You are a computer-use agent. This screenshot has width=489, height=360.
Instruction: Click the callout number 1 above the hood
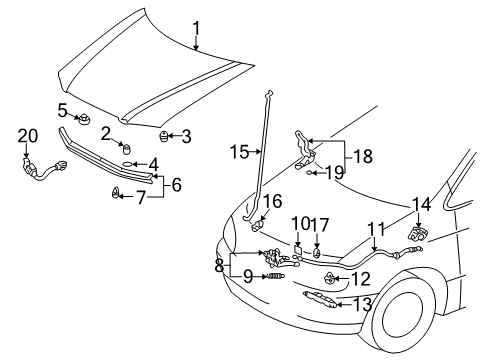(x=197, y=13)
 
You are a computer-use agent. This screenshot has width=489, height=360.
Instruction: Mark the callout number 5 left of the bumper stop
(x=62, y=110)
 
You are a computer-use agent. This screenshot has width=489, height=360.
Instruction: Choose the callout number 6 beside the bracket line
(x=177, y=184)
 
